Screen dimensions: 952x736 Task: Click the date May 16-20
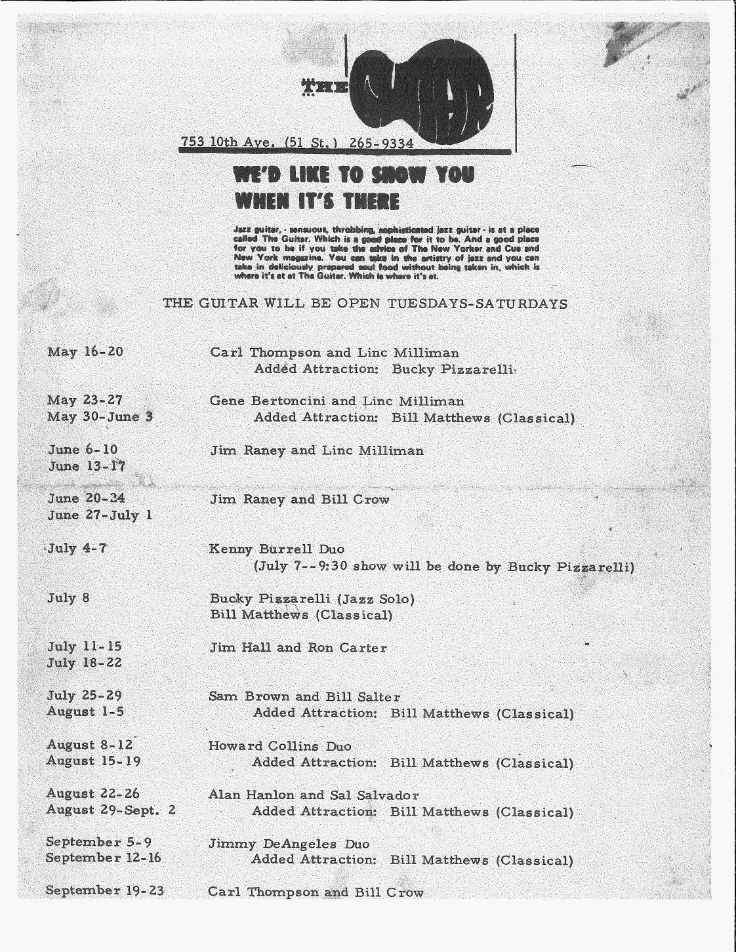click(85, 351)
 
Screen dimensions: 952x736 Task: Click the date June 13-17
click(87, 466)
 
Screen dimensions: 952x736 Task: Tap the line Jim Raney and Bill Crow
click(299, 500)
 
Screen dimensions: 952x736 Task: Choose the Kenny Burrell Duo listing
click(277, 548)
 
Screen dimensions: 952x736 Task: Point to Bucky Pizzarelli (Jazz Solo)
click(312, 599)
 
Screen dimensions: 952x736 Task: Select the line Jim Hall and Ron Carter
click(298, 648)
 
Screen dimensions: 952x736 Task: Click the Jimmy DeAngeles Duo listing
click(289, 844)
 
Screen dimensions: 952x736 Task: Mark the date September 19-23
click(105, 890)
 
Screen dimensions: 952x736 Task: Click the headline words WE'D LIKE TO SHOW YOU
click(354, 175)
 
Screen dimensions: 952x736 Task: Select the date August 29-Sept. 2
click(111, 810)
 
